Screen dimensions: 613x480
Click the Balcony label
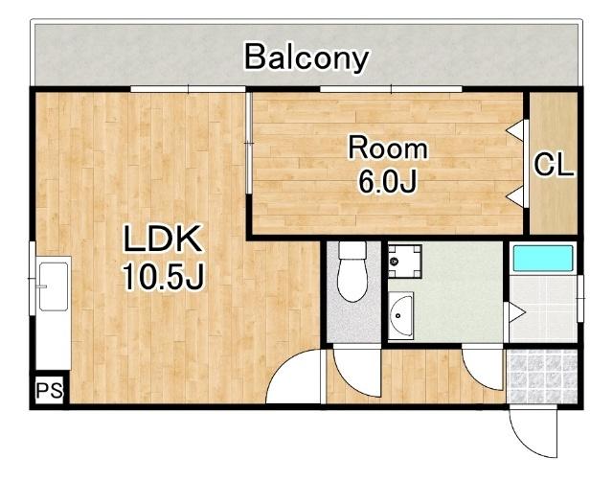click(306, 57)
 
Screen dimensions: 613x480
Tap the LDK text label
click(163, 238)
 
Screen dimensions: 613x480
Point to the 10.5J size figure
click(164, 276)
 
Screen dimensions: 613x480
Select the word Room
click(388, 148)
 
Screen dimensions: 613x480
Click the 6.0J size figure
click(387, 181)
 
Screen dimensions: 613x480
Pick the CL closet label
click(554, 165)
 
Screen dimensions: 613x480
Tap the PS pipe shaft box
click(50, 390)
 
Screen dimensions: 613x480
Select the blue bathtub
click(543, 258)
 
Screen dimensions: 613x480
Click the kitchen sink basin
click(54, 286)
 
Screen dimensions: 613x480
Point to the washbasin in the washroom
click(401, 316)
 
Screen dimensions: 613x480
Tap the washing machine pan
click(405, 262)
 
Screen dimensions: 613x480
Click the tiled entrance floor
click(542, 376)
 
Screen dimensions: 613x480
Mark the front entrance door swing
click(534, 431)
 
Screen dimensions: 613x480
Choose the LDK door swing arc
click(294, 377)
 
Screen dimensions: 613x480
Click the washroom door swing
click(483, 369)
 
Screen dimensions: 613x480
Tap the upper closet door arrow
click(515, 129)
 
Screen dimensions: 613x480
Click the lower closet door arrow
click(515, 196)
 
